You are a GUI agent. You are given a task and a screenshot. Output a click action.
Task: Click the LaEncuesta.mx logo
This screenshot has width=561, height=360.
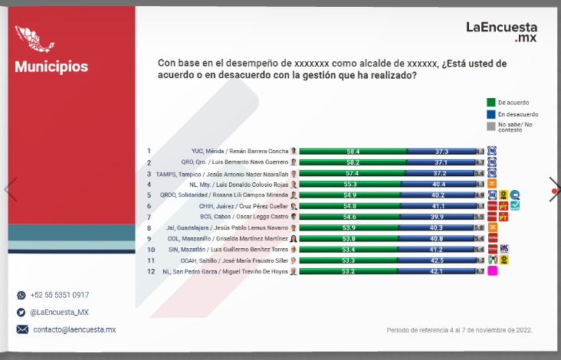tap(502, 31)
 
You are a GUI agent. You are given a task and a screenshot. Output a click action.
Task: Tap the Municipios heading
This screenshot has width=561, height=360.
tap(51, 67)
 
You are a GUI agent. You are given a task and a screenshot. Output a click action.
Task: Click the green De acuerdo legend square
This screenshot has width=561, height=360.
tap(491, 102)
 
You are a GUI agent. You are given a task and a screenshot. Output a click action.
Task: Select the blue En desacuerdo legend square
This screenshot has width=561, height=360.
tap(491, 114)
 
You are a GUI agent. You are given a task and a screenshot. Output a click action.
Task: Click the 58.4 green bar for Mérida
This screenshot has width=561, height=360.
tap(353, 152)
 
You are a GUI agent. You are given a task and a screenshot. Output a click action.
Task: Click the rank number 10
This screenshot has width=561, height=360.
tap(150, 249)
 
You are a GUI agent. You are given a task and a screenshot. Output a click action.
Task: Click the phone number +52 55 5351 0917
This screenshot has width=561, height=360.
tap(60, 295)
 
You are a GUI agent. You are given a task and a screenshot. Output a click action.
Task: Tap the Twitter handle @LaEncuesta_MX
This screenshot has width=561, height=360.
tap(60, 312)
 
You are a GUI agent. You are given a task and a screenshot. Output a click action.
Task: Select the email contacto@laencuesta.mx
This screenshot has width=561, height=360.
tap(74, 329)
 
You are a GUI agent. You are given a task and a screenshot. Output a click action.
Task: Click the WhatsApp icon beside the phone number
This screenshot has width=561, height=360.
tap(21, 295)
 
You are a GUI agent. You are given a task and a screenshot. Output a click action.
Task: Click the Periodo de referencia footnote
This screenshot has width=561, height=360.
tap(459, 330)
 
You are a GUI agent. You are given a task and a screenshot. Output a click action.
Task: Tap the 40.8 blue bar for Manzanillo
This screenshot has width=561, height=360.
tap(440, 238)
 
